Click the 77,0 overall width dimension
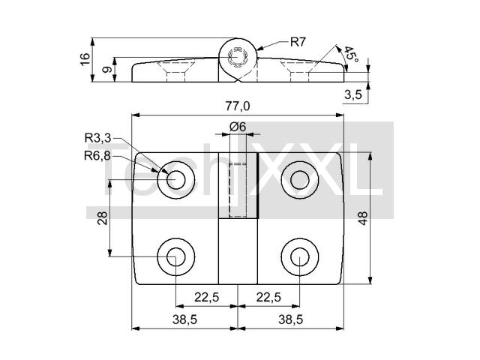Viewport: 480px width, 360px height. [x=237, y=106]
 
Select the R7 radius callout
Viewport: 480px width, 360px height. [x=298, y=43]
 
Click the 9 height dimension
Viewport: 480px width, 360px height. [x=106, y=69]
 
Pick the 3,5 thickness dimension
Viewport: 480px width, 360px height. [x=353, y=94]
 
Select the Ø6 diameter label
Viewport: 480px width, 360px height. [x=238, y=127]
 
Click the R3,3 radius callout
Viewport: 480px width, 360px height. [x=97, y=137]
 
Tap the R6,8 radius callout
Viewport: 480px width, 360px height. [x=97, y=155]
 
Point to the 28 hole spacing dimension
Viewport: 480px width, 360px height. [x=103, y=217]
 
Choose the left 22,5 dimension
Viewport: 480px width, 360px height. [x=206, y=297]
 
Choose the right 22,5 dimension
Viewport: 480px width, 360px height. [x=268, y=297]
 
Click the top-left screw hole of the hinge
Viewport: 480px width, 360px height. [x=176, y=179]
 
